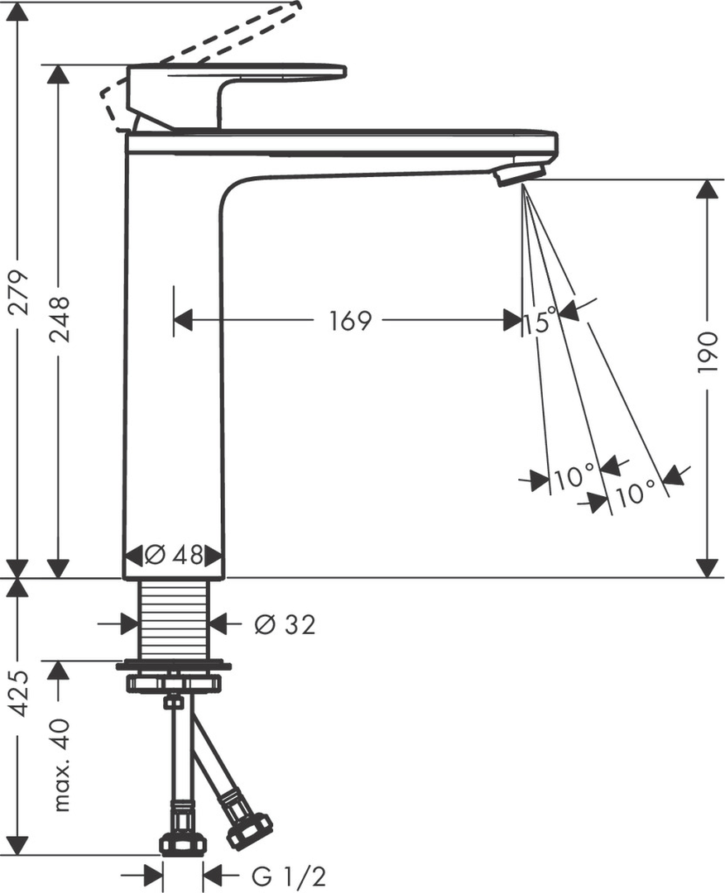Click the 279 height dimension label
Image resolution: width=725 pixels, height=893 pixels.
pos(19,292)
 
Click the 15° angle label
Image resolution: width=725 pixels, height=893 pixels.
pos(539,322)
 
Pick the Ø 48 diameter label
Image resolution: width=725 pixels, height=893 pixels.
pos(174,555)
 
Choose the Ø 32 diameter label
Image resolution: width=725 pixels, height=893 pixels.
pos(286,625)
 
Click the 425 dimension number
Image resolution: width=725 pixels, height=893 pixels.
pos(19,693)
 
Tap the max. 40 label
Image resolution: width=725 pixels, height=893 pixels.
pos(60,765)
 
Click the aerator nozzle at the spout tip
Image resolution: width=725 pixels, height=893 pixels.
pos(519,174)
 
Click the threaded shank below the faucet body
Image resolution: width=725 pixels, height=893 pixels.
pos(174,618)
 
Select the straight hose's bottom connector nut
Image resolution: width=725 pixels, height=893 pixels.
pos(182,843)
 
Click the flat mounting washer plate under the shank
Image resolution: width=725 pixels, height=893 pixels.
pos(174,665)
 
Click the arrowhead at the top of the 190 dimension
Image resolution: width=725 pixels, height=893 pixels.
pos(706,189)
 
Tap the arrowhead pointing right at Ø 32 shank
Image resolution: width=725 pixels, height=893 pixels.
pos(129,624)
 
